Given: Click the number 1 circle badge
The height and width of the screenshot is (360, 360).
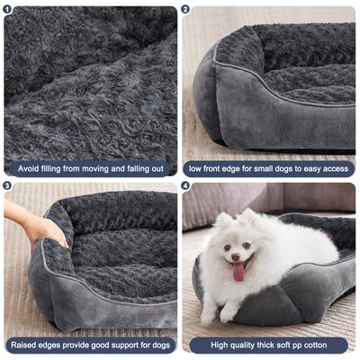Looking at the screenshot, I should [x=8, y=9].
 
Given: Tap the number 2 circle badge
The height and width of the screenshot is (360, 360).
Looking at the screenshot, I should [x=186, y=9].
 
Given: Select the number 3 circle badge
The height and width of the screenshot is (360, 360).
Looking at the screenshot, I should [x=8, y=186].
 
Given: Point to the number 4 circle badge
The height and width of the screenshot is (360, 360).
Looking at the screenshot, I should [x=186, y=186].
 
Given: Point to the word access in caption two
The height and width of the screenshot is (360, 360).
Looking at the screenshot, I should [x=334, y=168].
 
